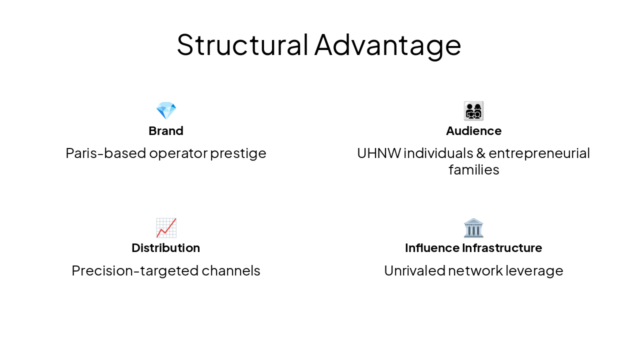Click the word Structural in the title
coord(242,44)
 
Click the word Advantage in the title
coord(387,44)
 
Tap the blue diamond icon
coord(166,110)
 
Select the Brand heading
coord(166,131)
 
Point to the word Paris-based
coord(105,153)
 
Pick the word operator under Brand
coord(178,153)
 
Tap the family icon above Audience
coord(473,110)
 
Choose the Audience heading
coord(473,131)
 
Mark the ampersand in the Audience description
coord(479,153)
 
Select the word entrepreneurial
coord(539,153)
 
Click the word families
coord(473,170)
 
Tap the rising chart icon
coord(166,228)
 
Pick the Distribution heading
coord(166,248)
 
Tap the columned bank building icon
coord(473,228)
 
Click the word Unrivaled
coord(414,270)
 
